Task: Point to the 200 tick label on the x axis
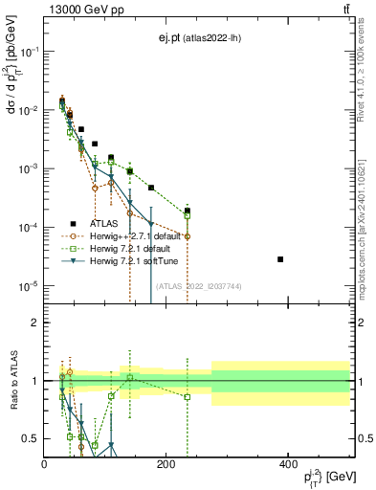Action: pos(166,464)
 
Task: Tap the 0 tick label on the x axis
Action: pos(45,464)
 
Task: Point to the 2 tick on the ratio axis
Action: pos(35,323)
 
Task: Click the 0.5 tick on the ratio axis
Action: pos(32,438)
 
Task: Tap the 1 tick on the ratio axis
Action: pos(35,381)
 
